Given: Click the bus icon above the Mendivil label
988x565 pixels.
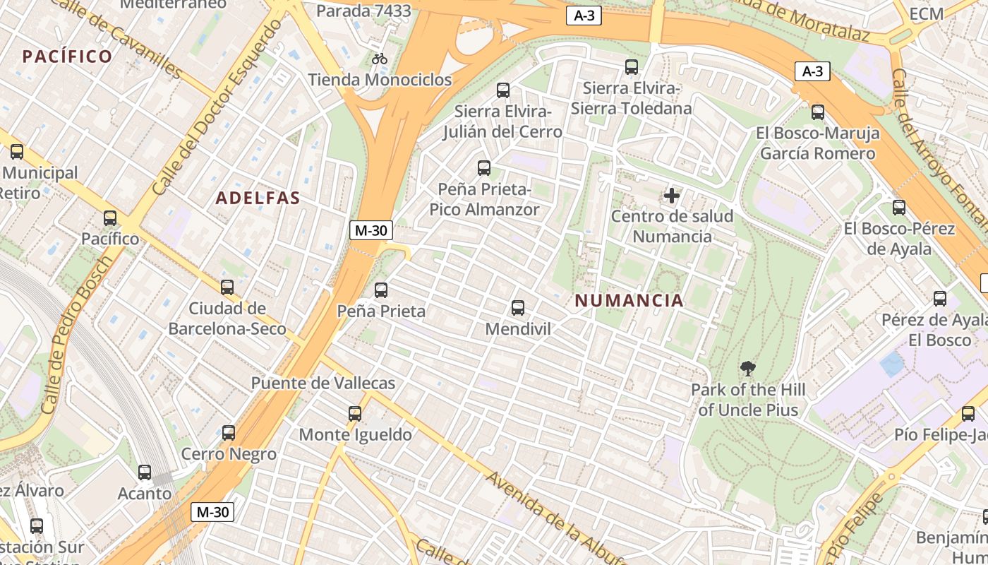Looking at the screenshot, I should (518, 307).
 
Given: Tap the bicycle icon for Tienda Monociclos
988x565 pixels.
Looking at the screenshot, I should (380, 59).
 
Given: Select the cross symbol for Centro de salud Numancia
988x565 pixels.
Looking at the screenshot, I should (672, 195).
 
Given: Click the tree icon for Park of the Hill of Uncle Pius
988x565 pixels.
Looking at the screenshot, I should (747, 368).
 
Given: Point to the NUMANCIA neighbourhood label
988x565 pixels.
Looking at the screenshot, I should (629, 301).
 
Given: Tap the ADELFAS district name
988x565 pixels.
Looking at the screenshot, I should (258, 198).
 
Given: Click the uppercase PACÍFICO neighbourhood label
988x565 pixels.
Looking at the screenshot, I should (67, 56).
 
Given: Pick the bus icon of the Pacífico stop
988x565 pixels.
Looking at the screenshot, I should (110, 218).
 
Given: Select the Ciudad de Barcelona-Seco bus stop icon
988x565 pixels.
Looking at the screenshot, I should (227, 287).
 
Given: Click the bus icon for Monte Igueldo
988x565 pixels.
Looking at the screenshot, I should (355, 413).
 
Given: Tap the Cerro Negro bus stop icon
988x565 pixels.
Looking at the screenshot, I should (229, 432).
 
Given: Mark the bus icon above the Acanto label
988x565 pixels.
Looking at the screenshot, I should (145, 472).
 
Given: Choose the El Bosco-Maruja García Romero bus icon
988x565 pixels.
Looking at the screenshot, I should (818, 112).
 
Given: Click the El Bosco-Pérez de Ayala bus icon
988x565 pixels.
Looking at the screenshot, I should (899, 208).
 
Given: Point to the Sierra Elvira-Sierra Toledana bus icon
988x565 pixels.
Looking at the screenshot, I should (632, 67).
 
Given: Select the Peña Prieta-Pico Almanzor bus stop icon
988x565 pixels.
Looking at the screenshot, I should (484, 167).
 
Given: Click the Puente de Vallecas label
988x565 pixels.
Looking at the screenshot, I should (323, 383).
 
